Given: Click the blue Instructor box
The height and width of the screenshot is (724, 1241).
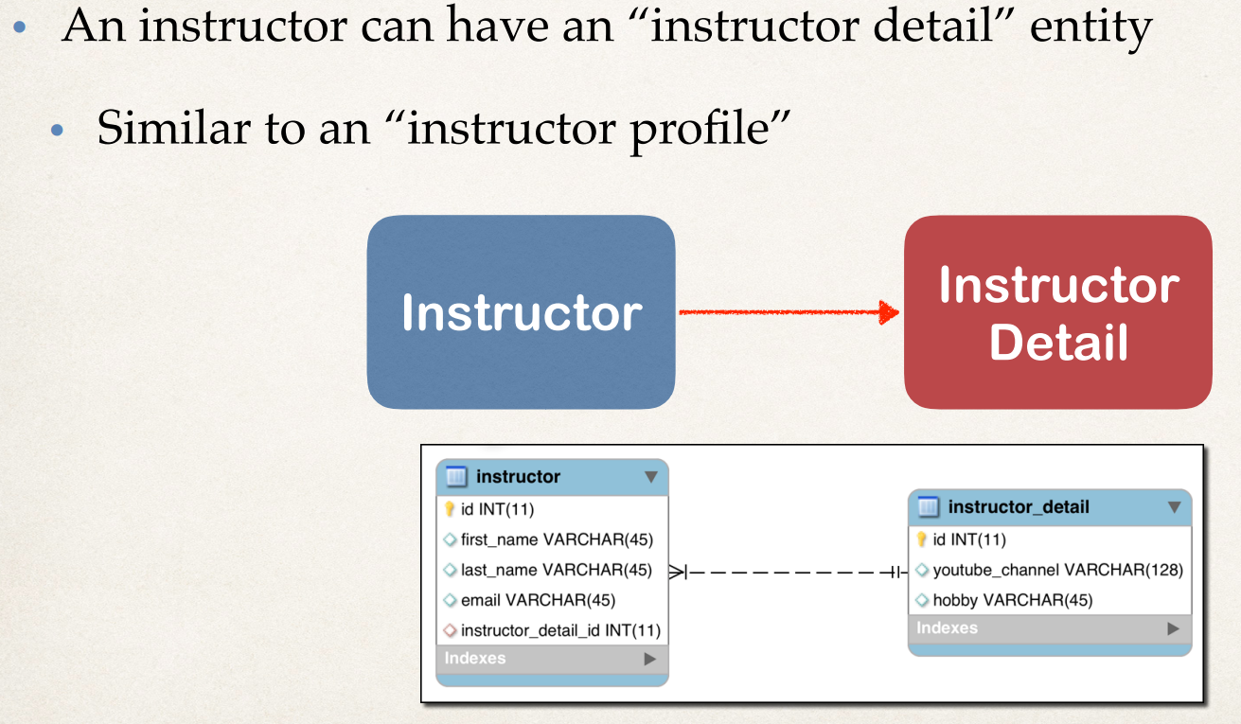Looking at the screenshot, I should (x=521, y=312).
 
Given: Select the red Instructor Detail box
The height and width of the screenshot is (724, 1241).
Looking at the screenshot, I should (x=1057, y=312).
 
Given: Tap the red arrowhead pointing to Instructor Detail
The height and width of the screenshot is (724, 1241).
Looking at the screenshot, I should (x=889, y=311).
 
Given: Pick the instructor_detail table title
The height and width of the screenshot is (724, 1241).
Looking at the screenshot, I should (x=1019, y=507).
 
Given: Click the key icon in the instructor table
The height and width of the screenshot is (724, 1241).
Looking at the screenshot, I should (x=450, y=509).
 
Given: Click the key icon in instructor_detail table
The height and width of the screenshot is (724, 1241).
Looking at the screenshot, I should (x=921, y=539).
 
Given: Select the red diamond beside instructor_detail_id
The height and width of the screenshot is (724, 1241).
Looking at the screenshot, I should (x=450, y=630).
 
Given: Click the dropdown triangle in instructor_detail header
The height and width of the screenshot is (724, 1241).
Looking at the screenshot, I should (x=1174, y=507).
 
